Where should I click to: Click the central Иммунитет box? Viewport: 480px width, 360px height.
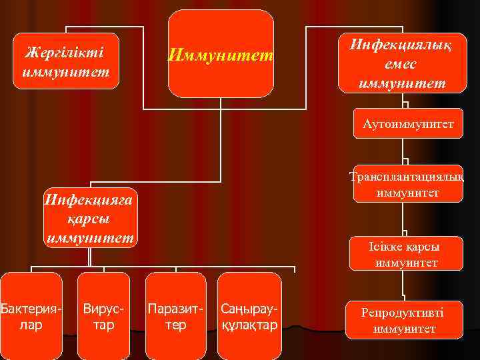(x=221, y=54)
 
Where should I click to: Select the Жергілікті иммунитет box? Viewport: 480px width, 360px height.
(x=66, y=61)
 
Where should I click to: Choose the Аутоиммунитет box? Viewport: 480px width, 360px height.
(x=408, y=123)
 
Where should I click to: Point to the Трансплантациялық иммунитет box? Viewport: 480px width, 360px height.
(x=408, y=183)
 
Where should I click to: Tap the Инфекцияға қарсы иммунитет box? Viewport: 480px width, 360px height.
(x=89, y=217)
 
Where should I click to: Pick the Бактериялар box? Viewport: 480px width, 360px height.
(x=31, y=316)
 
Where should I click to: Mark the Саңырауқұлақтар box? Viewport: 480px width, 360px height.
(x=249, y=316)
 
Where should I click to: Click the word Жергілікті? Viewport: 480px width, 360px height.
(x=66, y=51)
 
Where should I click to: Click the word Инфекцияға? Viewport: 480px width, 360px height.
(x=89, y=198)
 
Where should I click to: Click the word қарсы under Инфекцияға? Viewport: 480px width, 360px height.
(x=89, y=218)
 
